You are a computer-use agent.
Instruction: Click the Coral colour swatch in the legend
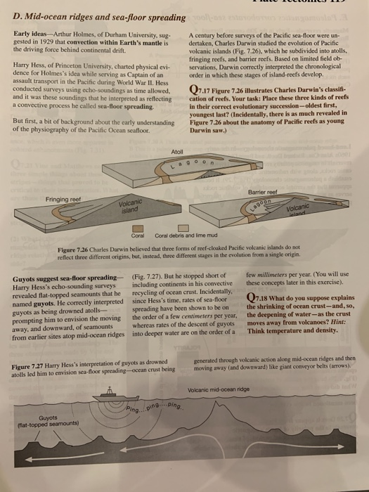pos(138,226)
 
